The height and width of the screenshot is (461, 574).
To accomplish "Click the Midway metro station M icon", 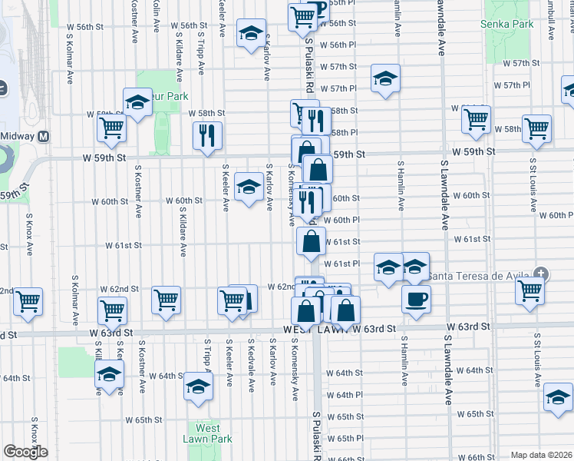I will coord(44,136).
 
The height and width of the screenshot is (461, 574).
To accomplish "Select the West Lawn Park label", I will coord(207,433).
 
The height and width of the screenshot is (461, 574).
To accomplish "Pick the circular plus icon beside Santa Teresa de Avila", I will coord(542,274).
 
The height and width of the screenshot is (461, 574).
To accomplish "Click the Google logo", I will coord(25,452).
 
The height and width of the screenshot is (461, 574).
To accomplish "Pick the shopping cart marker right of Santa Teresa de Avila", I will coord(530,291).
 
